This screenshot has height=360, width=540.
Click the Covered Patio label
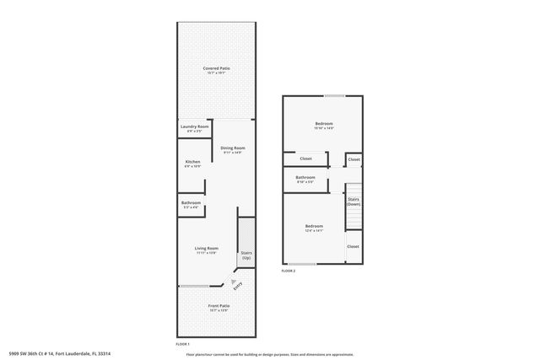[x=217, y=70]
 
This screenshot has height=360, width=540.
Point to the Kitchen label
[x=192, y=163]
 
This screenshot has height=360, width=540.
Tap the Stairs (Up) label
[x=246, y=255]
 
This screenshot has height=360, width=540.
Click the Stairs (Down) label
[x=354, y=202]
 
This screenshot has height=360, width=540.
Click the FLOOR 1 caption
[x=182, y=344]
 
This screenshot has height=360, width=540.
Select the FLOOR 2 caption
[x=289, y=271]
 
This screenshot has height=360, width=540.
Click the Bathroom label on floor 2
[x=305, y=179]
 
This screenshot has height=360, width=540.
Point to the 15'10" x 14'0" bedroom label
[x=324, y=126]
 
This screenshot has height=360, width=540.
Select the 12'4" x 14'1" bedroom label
[x=314, y=228]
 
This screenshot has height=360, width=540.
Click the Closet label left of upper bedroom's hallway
[x=305, y=159]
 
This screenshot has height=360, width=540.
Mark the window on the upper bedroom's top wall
[x=335, y=95]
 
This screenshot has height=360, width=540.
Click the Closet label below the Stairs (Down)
[x=353, y=246]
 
